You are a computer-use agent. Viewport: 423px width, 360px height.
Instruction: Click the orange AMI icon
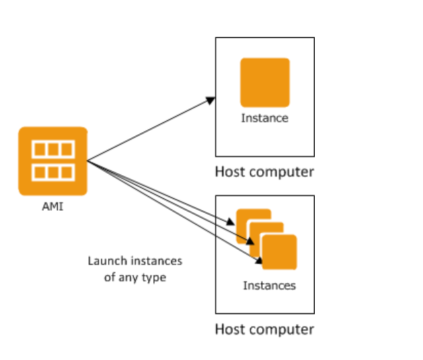pyautogui.click(x=53, y=161)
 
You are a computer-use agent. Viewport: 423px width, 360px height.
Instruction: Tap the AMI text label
pyautogui.click(x=53, y=207)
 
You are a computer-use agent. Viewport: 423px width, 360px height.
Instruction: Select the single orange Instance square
pyautogui.click(x=265, y=83)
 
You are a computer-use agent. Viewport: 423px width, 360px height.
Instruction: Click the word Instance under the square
pyautogui.click(x=265, y=118)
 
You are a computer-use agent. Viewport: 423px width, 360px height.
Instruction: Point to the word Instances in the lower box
pyautogui.click(x=269, y=285)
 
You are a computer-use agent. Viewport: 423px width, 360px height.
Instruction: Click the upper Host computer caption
pyautogui.click(x=265, y=172)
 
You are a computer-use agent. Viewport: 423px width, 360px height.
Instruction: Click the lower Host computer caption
pyautogui.click(x=265, y=329)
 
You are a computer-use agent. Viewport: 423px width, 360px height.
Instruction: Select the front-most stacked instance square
pyautogui.click(x=279, y=252)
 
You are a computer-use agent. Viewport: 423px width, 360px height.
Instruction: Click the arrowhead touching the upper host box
pyautogui.click(x=211, y=100)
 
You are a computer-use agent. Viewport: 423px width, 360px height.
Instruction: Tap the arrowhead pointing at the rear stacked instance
pyautogui.click(x=231, y=222)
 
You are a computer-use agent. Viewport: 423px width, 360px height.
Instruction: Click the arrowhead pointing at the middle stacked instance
pyautogui.click(x=250, y=241)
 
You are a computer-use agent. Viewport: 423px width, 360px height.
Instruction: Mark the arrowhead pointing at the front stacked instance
pyautogui.click(x=259, y=260)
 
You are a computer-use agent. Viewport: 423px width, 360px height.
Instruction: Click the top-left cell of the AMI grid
pyautogui.click(x=40, y=149)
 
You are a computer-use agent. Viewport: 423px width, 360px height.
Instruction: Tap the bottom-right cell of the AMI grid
pyautogui.click(x=66, y=172)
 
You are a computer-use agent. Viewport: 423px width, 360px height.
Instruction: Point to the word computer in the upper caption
pyautogui.click(x=281, y=172)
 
